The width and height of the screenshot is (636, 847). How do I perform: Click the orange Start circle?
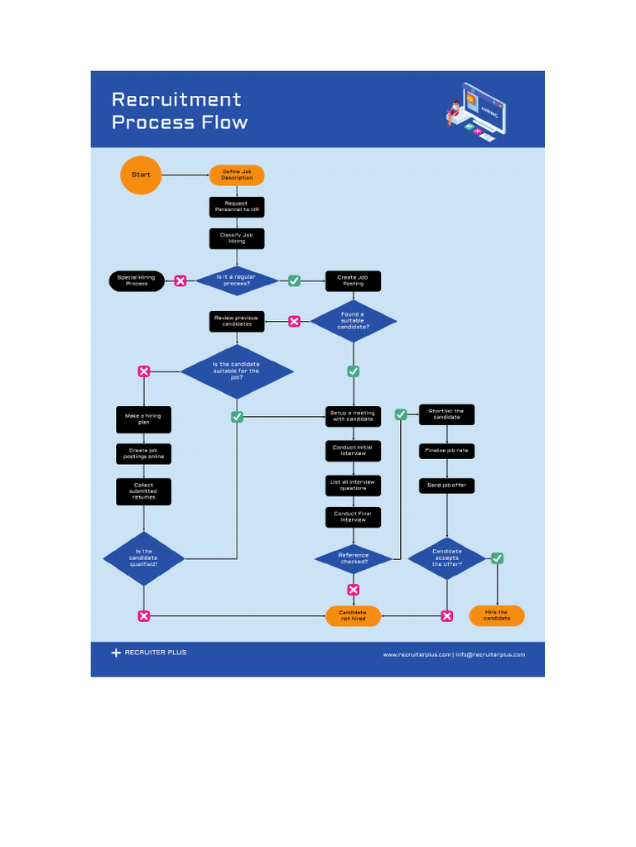click(141, 175)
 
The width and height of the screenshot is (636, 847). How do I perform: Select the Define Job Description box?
click(237, 175)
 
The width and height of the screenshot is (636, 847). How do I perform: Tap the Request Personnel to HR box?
click(237, 207)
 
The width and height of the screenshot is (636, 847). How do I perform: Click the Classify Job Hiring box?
click(237, 238)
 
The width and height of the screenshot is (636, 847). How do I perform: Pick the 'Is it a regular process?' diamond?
click(237, 280)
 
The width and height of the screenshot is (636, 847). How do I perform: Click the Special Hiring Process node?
click(137, 280)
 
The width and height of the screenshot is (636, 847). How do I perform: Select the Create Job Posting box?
click(353, 280)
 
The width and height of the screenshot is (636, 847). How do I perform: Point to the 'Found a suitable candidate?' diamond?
click(353, 321)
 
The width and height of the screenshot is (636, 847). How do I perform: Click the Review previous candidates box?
click(236, 321)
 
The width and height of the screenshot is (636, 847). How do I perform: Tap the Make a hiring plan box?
click(143, 419)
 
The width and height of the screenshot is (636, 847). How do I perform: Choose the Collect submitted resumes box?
click(143, 491)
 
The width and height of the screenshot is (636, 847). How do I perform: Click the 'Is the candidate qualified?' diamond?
click(143, 558)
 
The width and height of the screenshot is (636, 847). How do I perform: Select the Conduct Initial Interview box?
click(353, 450)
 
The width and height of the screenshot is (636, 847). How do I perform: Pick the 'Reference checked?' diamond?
click(353, 559)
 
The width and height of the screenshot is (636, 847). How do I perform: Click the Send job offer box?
click(446, 486)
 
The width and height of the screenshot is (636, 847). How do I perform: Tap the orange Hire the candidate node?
click(497, 615)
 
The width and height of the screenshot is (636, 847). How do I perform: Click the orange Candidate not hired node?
click(353, 615)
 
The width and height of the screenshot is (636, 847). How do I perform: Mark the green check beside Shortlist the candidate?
click(401, 414)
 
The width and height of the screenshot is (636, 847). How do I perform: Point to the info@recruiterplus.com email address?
click(490, 654)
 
